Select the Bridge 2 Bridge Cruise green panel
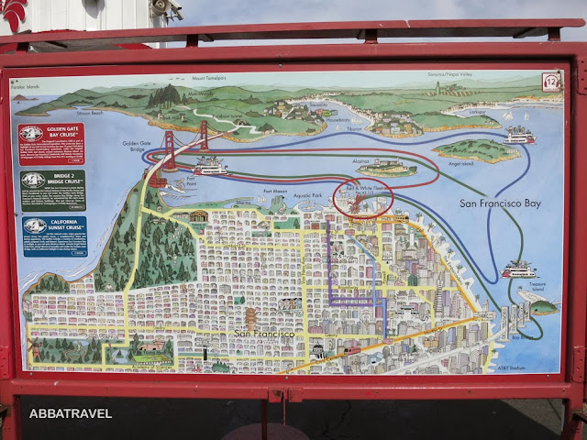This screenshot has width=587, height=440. point(51,189)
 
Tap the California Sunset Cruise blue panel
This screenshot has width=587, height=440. point(51,236)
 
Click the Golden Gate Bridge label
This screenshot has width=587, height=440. point(138,147)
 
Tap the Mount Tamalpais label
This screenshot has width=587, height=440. point(189,80)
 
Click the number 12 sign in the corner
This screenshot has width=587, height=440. point(551,82)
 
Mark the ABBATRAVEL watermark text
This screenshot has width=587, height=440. point(71,413)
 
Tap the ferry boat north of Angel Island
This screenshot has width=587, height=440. point(520,136)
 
